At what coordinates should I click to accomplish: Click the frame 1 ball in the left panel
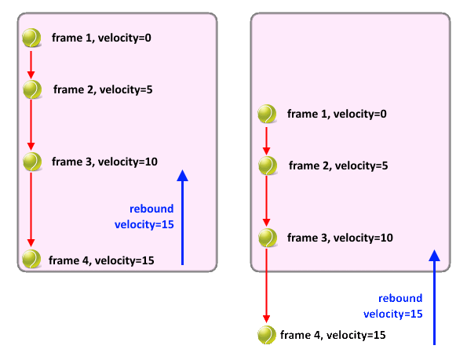(31, 38)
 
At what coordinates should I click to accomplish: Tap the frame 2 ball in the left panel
(32, 89)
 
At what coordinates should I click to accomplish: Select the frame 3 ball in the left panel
(32, 162)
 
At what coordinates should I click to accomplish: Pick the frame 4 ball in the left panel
(31, 259)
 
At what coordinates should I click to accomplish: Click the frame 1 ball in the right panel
(267, 114)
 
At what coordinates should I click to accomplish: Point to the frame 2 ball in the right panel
(268, 165)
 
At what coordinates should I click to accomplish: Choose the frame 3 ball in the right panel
(268, 238)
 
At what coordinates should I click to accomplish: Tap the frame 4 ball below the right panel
(267, 335)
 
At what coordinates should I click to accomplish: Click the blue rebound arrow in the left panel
(182, 217)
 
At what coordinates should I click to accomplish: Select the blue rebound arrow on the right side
(434, 297)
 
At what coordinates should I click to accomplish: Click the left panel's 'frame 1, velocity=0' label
(101, 38)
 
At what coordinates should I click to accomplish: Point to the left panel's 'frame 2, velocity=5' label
(103, 89)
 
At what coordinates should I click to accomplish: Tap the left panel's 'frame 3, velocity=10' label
(104, 162)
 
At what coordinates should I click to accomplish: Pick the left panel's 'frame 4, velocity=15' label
(101, 260)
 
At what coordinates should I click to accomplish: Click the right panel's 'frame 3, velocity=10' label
(340, 238)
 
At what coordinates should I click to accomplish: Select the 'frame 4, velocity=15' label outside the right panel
(333, 336)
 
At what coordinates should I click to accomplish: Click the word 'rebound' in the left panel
(151, 209)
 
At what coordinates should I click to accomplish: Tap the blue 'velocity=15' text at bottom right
(393, 314)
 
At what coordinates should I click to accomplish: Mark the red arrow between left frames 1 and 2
(31, 65)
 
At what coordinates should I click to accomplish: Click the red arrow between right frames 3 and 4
(266, 286)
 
